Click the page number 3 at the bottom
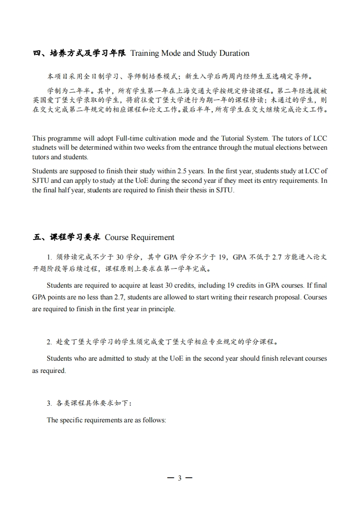click(180, 478)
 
